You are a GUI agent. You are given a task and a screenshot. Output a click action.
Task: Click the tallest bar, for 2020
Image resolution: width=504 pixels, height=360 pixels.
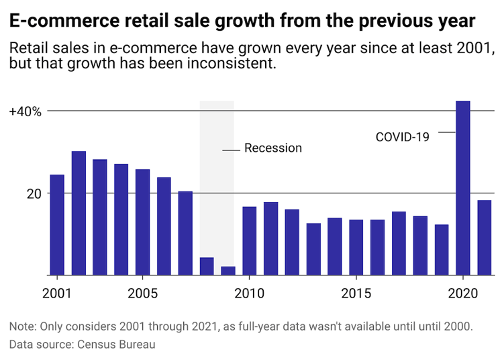(463, 188)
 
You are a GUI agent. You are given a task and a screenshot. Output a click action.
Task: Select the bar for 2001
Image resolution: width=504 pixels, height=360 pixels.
(57, 225)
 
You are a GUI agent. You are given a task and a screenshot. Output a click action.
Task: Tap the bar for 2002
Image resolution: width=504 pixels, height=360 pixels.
(79, 214)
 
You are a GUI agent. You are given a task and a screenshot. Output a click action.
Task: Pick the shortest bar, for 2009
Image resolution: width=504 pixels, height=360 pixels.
(228, 271)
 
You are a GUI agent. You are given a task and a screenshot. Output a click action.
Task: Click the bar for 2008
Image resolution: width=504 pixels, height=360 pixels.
(207, 267)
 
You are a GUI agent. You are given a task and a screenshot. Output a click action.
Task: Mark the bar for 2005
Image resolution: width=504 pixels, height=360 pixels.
(143, 222)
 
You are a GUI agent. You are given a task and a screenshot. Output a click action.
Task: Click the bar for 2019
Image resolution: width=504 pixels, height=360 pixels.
(442, 250)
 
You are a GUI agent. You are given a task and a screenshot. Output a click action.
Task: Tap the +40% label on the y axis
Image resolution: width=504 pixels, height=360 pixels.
(26, 111)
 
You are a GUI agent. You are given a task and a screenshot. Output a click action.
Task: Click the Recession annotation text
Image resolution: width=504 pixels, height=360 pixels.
(273, 148)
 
